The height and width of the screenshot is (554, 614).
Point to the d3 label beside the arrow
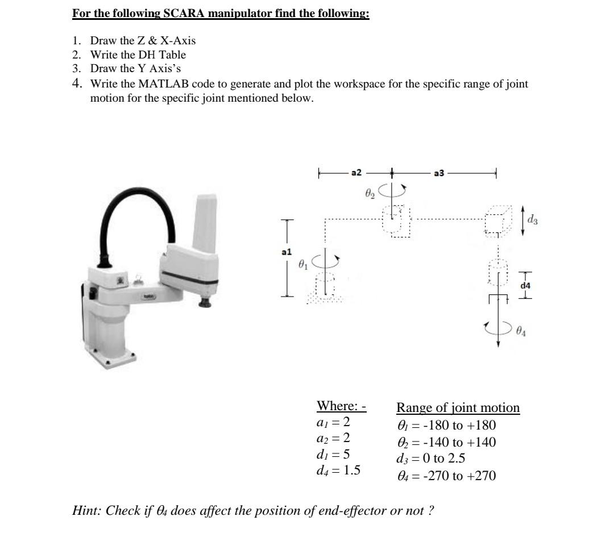[533, 218]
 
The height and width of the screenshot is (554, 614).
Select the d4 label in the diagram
[525, 286]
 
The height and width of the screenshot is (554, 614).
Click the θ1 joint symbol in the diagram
[304, 263]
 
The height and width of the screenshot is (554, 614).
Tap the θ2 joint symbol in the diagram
[370, 194]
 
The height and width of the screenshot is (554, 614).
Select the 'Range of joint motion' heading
[458, 407]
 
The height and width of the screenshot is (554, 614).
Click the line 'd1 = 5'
[333, 454]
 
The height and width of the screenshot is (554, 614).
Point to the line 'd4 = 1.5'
[338, 470]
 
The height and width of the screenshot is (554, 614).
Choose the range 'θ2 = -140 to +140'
[446, 442]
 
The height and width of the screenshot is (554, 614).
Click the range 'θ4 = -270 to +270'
[446, 476]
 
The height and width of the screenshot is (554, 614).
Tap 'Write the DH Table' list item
[138, 55]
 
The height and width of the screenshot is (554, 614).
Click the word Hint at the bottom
[87, 510]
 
